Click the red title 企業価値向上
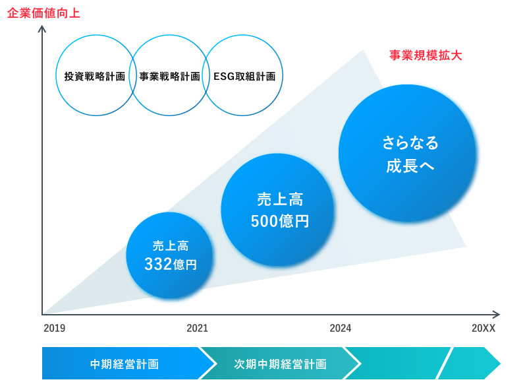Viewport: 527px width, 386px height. pyautogui.click(x=43, y=13)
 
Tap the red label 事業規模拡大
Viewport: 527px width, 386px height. pyautogui.click(x=426, y=55)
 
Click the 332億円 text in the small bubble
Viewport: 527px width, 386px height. pyautogui.click(x=171, y=264)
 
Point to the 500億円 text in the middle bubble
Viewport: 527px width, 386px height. pyautogui.click(x=279, y=221)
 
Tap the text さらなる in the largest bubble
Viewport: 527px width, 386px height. pyautogui.click(x=410, y=143)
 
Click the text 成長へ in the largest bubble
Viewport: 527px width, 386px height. pyautogui.click(x=410, y=166)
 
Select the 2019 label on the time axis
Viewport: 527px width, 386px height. pyautogui.click(x=55, y=328)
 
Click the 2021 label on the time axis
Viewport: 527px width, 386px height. pyautogui.click(x=197, y=328)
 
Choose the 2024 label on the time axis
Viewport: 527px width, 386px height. pyautogui.click(x=341, y=328)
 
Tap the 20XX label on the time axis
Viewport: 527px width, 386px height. pyautogui.click(x=484, y=328)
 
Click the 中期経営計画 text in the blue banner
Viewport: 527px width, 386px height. pyautogui.click(x=125, y=364)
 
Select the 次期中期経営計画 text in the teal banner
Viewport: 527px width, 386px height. pyautogui.click(x=281, y=364)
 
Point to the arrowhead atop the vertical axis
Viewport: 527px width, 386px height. pyautogui.click(x=42, y=29)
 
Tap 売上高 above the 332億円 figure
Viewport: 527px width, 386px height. pyautogui.click(x=171, y=245)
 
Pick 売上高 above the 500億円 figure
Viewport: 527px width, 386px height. pyautogui.click(x=280, y=199)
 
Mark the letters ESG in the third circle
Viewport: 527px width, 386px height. pyautogui.click(x=224, y=77)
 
